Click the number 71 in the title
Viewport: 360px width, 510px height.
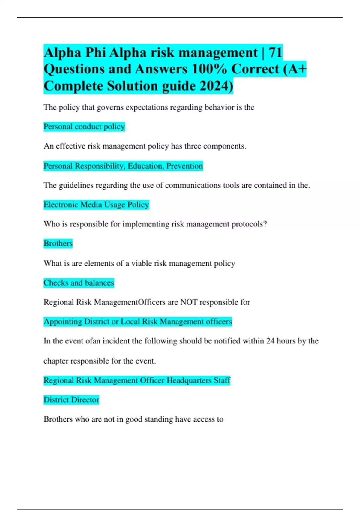pos(275,53)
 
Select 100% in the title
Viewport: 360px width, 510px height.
pos(209,69)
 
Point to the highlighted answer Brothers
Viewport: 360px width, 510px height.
pos(58,243)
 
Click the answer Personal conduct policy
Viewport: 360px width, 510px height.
pos(84,127)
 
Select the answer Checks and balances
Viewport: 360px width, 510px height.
pos(79,283)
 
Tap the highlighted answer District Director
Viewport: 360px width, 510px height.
pos(71,400)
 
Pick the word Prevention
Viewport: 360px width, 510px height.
pos(184,166)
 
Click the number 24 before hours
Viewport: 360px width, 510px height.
pos(270,341)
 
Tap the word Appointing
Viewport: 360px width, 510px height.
pos(63,322)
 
